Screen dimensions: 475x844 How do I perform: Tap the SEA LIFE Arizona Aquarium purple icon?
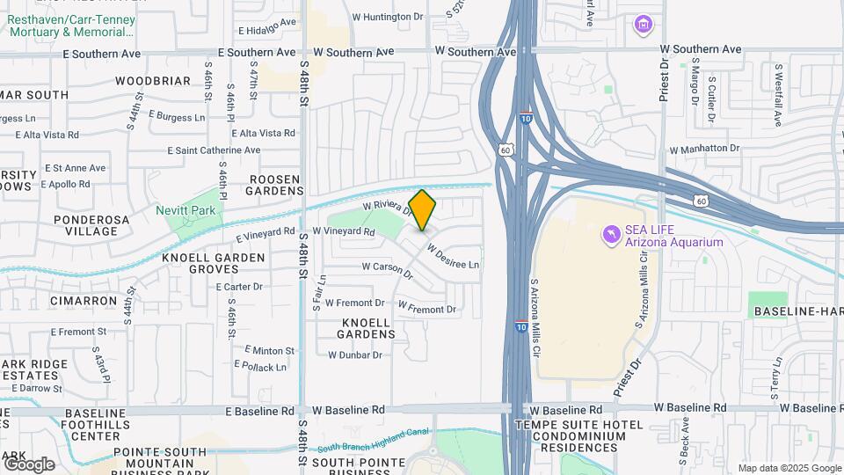click(611, 235)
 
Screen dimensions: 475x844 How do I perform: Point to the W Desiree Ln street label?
click(454, 258)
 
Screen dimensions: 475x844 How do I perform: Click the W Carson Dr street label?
click(388, 269)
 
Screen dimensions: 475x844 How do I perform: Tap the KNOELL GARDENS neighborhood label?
click(367, 328)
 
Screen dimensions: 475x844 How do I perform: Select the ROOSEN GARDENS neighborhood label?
click(273, 185)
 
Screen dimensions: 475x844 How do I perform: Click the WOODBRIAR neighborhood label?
click(152, 81)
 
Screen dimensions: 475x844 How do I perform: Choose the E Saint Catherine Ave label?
click(215, 150)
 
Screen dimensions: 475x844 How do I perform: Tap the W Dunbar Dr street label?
click(355, 355)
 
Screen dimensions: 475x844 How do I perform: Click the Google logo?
click(28, 464)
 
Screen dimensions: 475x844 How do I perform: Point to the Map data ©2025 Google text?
click(789, 468)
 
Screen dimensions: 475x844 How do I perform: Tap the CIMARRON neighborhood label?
click(84, 301)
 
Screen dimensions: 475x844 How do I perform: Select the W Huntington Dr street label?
click(388, 17)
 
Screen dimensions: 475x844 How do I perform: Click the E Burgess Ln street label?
click(177, 115)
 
